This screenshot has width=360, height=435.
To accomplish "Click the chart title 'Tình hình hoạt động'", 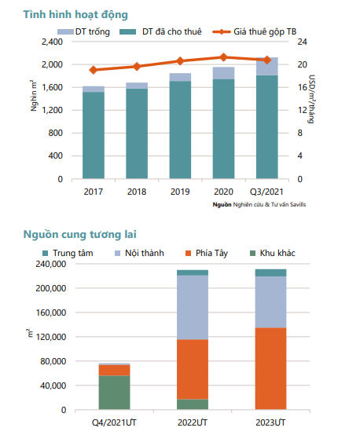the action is click(x=75, y=15).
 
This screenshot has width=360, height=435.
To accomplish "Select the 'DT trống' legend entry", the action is click(x=83, y=31).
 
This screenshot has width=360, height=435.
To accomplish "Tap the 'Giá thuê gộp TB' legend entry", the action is click(x=255, y=31).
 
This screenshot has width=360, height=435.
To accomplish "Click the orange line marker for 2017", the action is click(x=94, y=70).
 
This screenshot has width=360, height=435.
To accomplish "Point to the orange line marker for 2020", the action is click(x=223, y=57).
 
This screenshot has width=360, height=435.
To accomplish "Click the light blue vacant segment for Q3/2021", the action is click(x=267, y=66).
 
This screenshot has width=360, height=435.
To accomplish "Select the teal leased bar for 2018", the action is click(x=137, y=133).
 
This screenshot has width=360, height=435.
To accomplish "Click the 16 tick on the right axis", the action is click(x=303, y=87).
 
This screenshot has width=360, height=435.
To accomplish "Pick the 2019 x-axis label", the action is click(x=180, y=192).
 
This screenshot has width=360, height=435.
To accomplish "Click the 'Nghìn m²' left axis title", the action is click(x=34, y=96).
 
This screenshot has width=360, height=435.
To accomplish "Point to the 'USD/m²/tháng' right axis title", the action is click(x=311, y=99).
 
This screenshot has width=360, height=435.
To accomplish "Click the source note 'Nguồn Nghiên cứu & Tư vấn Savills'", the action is click(x=259, y=205).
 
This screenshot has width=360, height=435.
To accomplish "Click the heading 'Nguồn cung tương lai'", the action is click(x=79, y=235).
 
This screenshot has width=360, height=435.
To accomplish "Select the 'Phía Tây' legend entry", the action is click(x=207, y=254).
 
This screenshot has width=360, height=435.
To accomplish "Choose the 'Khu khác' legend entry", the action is click(x=273, y=253).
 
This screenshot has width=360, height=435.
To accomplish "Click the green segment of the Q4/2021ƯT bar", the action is click(x=114, y=393).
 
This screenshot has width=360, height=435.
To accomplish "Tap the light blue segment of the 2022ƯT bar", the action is click(x=193, y=307).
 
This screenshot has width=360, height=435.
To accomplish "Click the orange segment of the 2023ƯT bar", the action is click(x=270, y=369).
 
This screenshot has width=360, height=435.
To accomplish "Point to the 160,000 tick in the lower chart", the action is click(x=51, y=313).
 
